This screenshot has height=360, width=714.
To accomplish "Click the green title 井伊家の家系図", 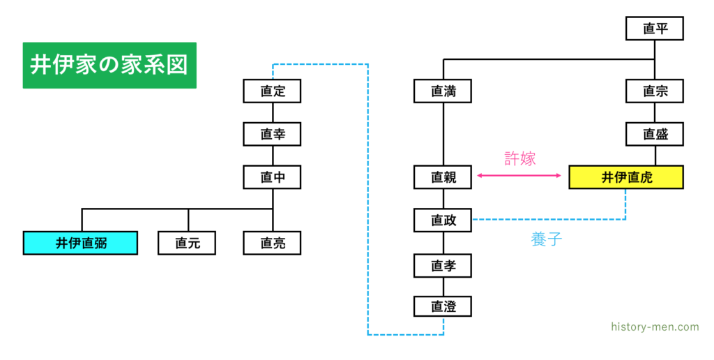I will [x=109, y=65].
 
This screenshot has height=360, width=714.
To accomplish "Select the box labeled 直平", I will [x=653, y=29].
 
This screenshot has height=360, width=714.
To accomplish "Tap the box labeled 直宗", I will [x=653, y=91].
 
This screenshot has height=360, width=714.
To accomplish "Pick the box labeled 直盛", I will [x=653, y=134].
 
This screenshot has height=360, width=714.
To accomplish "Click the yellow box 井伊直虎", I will [x=625, y=177].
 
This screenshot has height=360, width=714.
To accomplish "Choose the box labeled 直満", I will [x=443, y=91].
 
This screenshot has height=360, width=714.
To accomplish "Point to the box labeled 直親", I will [x=443, y=177].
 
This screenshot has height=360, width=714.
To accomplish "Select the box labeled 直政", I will [x=443, y=220].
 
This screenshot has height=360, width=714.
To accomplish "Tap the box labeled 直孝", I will [x=443, y=265].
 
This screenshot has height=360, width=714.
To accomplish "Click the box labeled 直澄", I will [x=443, y=306].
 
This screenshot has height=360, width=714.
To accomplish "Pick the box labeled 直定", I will [x=272, y=91].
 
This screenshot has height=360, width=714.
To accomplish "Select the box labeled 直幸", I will [x=272, y=134].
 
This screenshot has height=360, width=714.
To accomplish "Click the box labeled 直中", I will [x=272, y=177].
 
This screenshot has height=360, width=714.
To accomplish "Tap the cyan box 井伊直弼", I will [x=80, y=243].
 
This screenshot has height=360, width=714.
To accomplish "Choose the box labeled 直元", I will [x=186, y=243].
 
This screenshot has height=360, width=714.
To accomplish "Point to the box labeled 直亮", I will [x=272, y=243].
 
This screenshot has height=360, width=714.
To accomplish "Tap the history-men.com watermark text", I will [x=654, y=327].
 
